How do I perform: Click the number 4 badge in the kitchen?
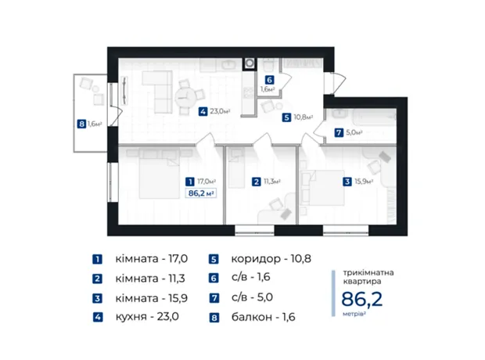click(x=203, y=111)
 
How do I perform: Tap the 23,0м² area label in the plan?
click(x=221, y=111)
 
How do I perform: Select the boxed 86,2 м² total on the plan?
click(x=201, y=193)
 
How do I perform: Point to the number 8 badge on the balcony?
click(x=81, y=124)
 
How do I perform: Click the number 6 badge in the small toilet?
click(x=269, y=80)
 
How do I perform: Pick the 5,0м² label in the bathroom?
click(x=354, y=132)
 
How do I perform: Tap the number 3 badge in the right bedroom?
click(x=347, y=182)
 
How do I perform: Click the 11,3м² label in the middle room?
click(x=272, y=182)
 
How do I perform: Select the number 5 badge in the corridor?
click(x=286, y=117)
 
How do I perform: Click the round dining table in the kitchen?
click(x=185, y=98)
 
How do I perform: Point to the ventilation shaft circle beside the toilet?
click(x=250, y=63)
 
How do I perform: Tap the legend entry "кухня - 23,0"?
click(x=147, y=317)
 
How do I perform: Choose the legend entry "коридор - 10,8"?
click(x=271, y=259)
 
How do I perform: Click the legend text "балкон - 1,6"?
click(x=263, y=317)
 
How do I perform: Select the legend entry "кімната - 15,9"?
click(x=152, y=298)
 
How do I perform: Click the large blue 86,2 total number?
click(x=362, y=299)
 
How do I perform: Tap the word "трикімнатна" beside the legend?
click(x=368, y=272)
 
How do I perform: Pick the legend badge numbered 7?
click(x=214, y=297)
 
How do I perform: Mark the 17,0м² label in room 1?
click(x=207, y=182)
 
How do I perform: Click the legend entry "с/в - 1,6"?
click(x=250, y=277)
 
